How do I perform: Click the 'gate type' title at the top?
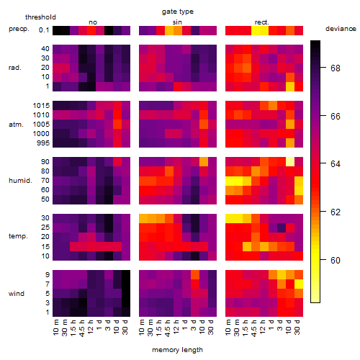178,12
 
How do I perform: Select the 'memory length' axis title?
177,350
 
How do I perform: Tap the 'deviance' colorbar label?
341,29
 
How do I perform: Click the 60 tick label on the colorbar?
336,261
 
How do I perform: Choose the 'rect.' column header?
261,22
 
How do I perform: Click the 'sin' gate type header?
177,22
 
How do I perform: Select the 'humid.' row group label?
20,181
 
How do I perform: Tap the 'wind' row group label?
17,294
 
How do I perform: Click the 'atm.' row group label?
16,125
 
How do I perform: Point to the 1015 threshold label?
41,106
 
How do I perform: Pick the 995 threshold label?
43,143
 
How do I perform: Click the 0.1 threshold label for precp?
44,30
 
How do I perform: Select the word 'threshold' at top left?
40,17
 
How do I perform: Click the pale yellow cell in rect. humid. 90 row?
290,162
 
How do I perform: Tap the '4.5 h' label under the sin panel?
168,328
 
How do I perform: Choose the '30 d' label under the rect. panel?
297,327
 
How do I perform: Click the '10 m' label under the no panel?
55,328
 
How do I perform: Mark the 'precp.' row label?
19,29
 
